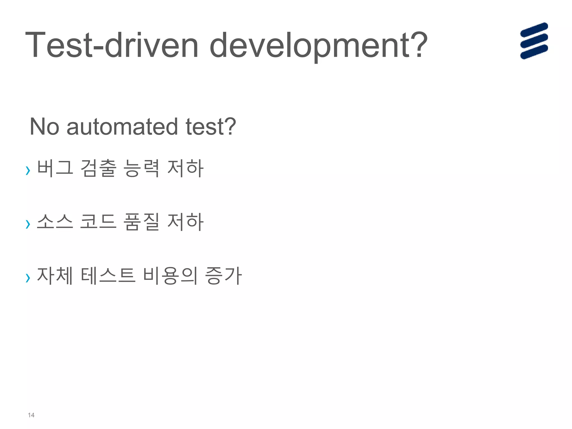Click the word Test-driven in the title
click(112, 45)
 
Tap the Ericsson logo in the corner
click(534, 41)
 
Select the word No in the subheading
click(44, 127)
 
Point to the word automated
click(122, 127)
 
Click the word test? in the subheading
click(211, 127)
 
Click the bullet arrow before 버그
click(28, 170)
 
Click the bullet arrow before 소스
click(28, 224)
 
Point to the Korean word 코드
click(98, 222)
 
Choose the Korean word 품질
click(141, 222)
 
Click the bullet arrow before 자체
click(28, 278)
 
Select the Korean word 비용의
click(170, 276)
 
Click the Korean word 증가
click(223, 276)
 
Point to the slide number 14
click(31, 415)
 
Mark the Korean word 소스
click(55, 222)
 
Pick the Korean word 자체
click(55, 276)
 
